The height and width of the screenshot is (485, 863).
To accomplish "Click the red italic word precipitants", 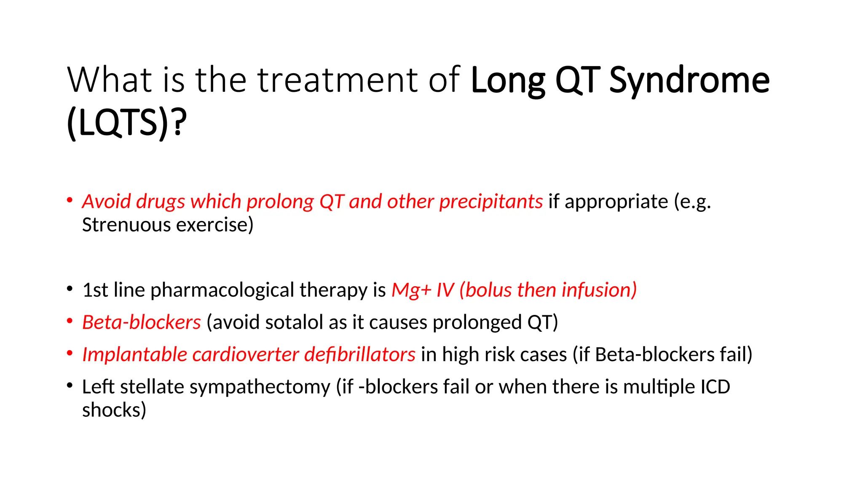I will (491, 201).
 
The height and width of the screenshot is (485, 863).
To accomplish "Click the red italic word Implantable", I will (134, 354).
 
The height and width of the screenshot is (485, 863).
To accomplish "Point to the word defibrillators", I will (360, 354).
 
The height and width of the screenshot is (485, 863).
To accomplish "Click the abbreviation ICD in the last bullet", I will (715, 387).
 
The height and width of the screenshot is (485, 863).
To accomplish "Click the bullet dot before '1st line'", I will (70, 289).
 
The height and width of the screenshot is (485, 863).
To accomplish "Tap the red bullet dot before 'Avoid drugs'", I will (70, 200).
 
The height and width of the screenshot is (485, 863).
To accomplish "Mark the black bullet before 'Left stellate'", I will (70, 385).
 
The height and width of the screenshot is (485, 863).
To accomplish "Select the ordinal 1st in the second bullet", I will (95, 290).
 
